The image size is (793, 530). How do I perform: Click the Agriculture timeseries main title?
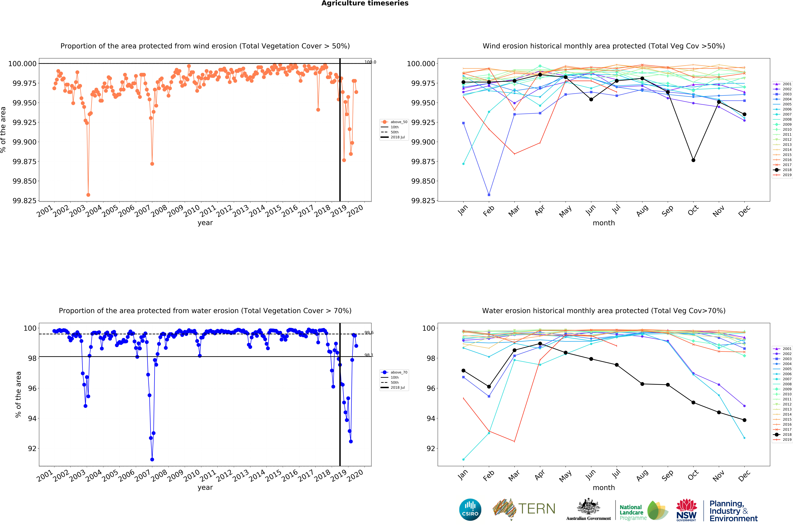(x=365, y=3)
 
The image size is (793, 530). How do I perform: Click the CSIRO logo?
(x=470, y=510)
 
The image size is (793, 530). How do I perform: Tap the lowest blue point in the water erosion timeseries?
(x=152, y=459)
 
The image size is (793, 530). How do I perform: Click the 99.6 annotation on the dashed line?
(x=369, y=333)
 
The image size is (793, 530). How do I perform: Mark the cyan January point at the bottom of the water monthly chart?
(x=463, y=459)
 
